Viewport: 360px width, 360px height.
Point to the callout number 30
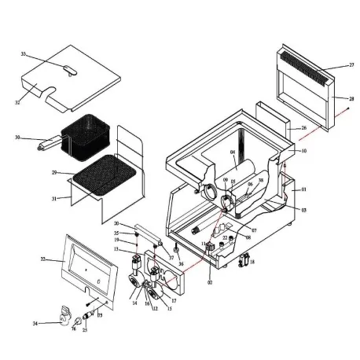click(17, 138)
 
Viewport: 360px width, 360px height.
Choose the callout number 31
click(55, 198)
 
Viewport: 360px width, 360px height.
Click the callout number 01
click(303, 189)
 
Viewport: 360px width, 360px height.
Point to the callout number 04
click(233, 152)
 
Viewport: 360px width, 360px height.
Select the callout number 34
click(35, 323)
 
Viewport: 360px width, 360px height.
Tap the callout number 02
click(210, 281)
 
